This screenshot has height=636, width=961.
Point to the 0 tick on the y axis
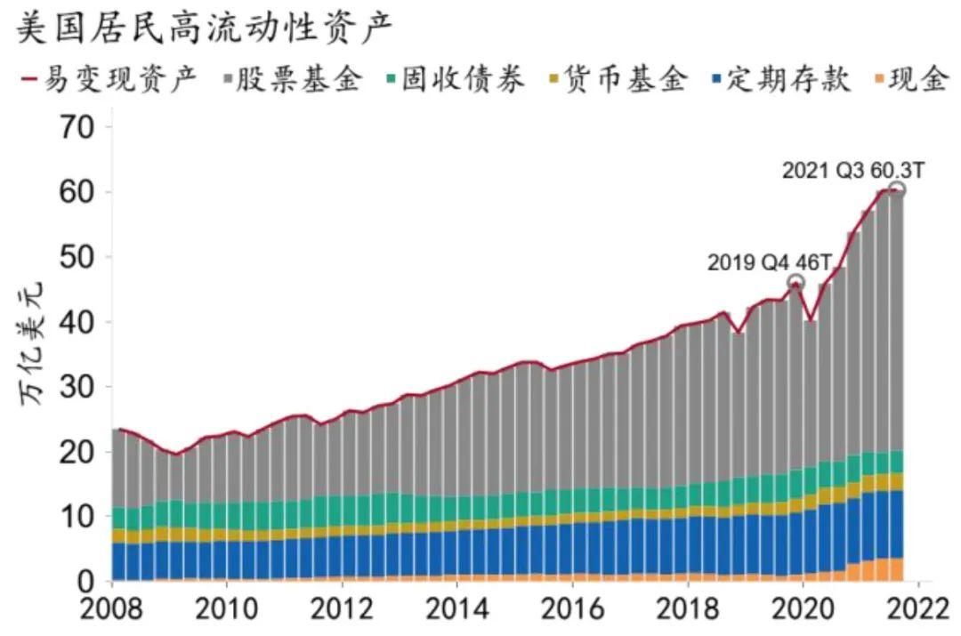coord(85,582)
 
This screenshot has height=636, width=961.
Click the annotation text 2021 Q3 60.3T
coord(853,170)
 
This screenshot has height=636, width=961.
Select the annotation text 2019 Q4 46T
coord(770,263)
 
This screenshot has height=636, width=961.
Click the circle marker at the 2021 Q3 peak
coord(896,189)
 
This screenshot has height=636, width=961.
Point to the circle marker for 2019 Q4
coord(796,283)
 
